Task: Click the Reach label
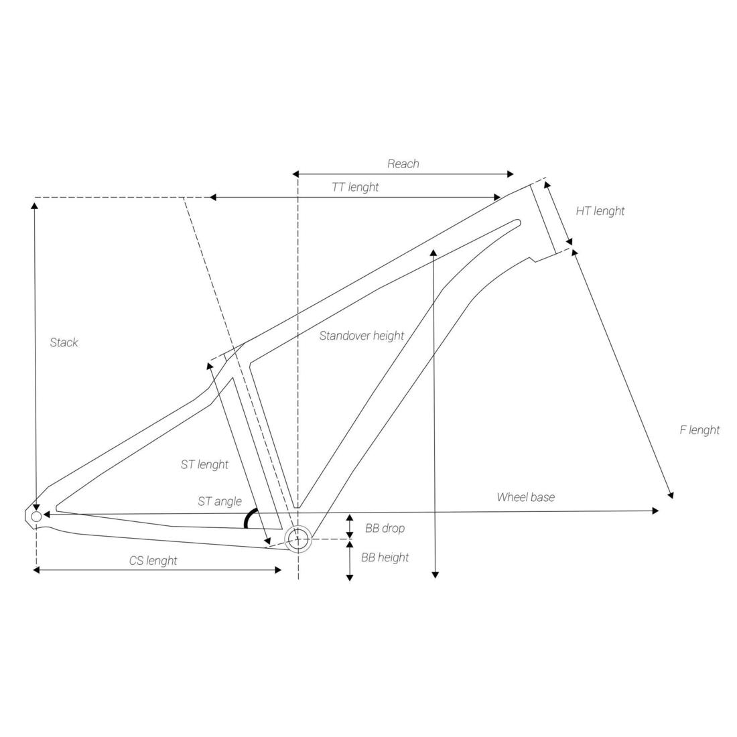click(x=403, y=164)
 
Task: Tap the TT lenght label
click(x=355, y=187)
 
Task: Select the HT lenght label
click(x=600, y=211)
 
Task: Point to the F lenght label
click(x=699, y=430)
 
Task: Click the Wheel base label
click(x=525, y=497)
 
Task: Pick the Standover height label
click(x=361, y=336)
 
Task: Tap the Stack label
click(x=64, y=342)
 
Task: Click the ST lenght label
click(x=204, y=465)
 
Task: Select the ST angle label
click(x=220, y=502)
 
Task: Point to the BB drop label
click(x=385, y=529)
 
